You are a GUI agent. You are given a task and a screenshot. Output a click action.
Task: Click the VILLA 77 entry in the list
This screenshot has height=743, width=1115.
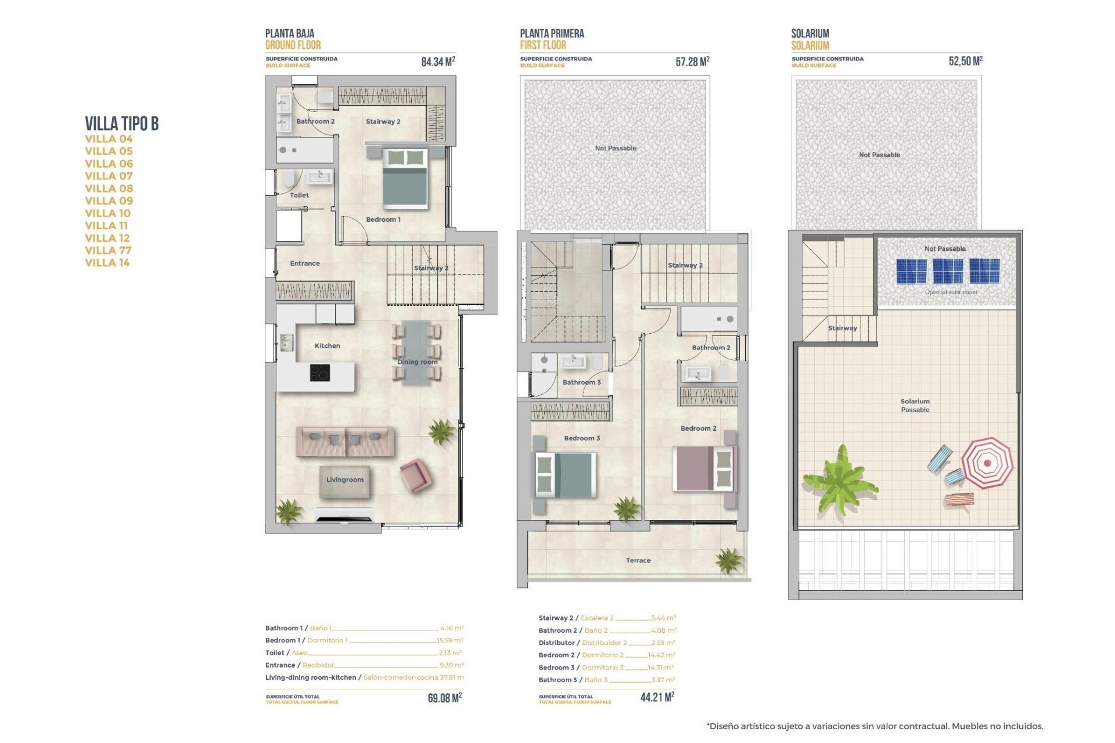click(x=108, y=250)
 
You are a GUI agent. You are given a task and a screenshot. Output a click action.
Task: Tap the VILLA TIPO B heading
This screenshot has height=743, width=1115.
click(x=121, y=124)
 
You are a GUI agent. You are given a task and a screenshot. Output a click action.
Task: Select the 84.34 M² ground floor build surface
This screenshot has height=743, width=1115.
click(x=438, y=62)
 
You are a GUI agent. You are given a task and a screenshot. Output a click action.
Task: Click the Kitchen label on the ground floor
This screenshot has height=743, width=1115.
click(x=327, y=345)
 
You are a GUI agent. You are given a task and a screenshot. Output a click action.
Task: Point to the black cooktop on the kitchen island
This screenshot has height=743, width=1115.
click(x=319, y=373)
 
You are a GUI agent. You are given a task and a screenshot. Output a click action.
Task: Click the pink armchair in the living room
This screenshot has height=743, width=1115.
click(x=415, y=475)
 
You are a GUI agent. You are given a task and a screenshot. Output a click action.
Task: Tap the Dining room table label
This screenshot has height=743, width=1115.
click(x=417, y=362)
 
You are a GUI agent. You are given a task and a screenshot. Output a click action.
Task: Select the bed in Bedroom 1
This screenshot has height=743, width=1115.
click(x=405, y=178)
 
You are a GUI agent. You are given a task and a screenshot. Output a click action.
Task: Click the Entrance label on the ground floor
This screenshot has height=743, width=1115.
click(x=304, y=263)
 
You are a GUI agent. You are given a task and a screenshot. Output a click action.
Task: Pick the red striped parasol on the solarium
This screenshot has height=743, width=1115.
click(x=987, y=463)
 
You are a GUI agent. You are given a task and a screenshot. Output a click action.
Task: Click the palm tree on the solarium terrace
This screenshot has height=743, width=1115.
click(x=840, y=480)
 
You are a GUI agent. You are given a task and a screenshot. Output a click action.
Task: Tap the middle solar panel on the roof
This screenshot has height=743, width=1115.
click(x=947, y=271)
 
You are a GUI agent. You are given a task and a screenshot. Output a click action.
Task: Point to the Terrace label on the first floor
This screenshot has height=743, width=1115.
click(x=638, y=560)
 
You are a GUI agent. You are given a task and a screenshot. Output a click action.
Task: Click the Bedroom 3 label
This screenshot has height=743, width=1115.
click(x=581, y=438)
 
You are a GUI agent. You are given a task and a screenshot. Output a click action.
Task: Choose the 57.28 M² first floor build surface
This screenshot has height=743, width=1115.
click(x=692, y=62)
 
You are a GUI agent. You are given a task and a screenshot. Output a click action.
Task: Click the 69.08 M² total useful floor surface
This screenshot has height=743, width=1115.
click(x=444, y=698)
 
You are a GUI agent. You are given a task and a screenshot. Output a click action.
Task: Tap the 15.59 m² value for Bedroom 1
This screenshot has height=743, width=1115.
click(x=449, y=640)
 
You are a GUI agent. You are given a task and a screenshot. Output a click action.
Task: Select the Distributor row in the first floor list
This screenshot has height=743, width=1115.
click(x=606, y=643)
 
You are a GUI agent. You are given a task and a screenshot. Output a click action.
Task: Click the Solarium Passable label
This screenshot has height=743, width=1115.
click(x=915, y=405)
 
